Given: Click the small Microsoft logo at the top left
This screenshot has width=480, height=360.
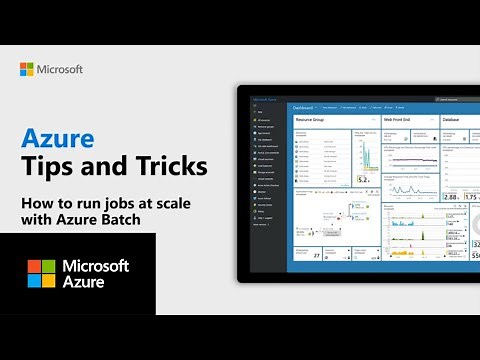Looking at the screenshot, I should pos(27,69).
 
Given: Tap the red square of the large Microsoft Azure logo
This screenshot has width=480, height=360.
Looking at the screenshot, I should pos(34,266).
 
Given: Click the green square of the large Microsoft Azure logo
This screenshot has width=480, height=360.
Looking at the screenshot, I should pos(48,266).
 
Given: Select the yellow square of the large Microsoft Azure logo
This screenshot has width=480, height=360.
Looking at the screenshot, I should pos(48,280).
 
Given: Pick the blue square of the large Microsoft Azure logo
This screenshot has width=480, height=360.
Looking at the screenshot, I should pos(34,280).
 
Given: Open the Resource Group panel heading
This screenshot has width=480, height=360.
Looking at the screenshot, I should pos(311,118).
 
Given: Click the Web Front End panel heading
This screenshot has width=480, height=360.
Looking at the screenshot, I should pos(397,118).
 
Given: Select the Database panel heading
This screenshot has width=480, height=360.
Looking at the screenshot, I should pos(453,118).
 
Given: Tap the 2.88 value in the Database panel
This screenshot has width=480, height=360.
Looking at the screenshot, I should pos(450,197).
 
